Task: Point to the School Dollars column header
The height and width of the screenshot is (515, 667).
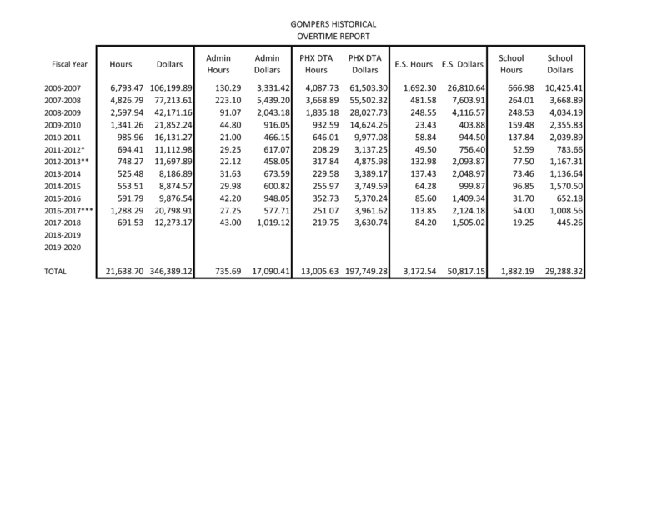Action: coord(564,64)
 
